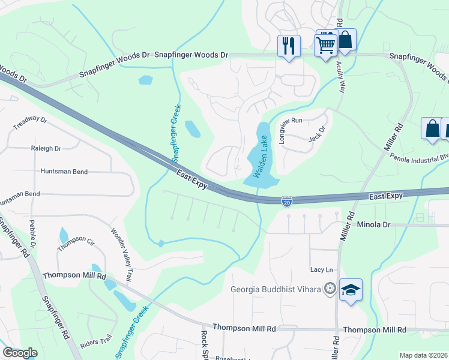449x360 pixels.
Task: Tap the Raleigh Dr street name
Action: click(46, 148)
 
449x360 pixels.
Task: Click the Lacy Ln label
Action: click(321, 271)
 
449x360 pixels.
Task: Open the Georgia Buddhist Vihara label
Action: click(276, 289)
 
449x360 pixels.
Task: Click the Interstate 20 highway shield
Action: click(287, 202)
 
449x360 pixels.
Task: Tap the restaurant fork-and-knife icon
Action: click(289, 45)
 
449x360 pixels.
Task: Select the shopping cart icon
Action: click(326, 44)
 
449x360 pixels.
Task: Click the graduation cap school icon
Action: click(351, 290)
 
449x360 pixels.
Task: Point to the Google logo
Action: click(20, 353)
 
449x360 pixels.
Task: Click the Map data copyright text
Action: click(424, 355)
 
